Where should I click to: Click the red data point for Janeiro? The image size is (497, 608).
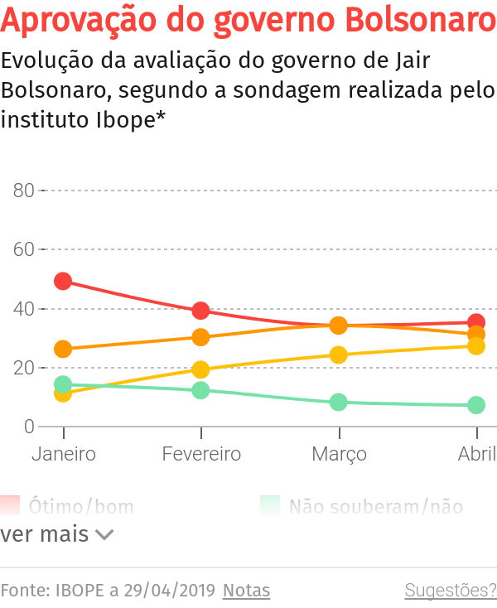point(63,282)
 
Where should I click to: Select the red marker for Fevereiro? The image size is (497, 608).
point(200,311)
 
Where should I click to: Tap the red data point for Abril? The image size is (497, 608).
point(476,322)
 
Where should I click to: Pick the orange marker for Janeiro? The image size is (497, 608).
point(63,350)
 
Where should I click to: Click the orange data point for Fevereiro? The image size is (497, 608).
point(200,337)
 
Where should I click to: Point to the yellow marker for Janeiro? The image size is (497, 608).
point(63,393)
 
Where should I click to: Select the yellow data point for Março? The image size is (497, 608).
point(338,355)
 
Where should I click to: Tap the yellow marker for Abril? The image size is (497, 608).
point(476,346)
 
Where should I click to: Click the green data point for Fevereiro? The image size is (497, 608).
point(200,390)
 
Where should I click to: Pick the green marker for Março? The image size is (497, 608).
point(338,403)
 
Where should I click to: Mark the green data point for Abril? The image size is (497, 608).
point(476,405)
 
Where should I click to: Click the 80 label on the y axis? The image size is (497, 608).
point(24,191)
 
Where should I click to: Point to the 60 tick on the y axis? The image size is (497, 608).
point(24,249)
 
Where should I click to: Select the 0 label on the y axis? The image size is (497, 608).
point(29,427)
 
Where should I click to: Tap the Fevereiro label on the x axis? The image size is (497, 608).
point(201,454)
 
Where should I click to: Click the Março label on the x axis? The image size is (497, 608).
point(339,455)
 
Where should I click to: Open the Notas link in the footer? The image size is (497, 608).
point(247,591)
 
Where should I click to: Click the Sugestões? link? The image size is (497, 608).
point(450,591)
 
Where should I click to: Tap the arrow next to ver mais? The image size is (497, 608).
point(104,535)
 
